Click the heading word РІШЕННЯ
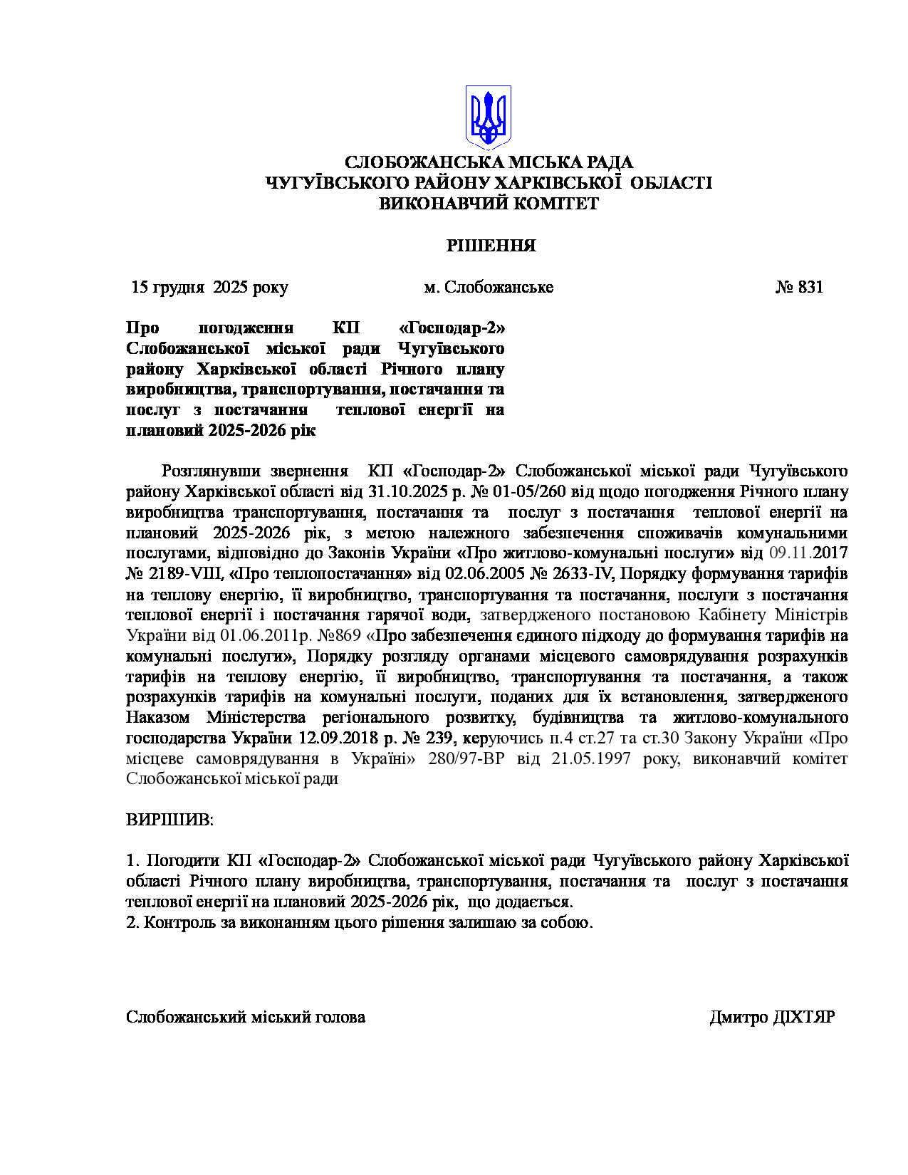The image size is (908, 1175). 491,246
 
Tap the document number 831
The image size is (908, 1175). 810,288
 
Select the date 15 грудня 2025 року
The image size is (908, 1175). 210,288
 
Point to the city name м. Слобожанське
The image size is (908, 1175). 489,288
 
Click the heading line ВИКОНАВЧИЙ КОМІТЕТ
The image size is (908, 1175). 489,204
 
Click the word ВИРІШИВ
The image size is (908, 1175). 169,820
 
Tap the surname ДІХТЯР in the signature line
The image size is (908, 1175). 804,1017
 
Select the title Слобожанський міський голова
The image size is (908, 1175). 246,1017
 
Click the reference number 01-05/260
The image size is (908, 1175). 527,492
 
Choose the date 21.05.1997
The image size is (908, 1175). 591,759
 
